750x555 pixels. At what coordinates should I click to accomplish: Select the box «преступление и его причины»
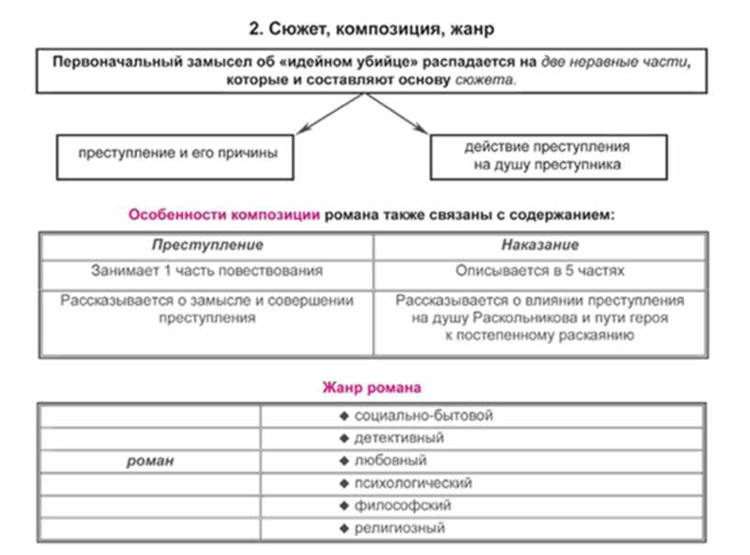[174, 155]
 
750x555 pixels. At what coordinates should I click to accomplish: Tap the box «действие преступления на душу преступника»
[546, 155]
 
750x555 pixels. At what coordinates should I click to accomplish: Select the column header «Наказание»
[540, 245]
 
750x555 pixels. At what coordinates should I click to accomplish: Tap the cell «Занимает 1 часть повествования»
[207, 271]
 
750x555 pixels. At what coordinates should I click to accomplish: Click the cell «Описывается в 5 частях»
[540, 271]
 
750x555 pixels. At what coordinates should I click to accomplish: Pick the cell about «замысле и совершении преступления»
[207, 309]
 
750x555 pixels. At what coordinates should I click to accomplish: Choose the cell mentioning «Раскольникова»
[540, 317]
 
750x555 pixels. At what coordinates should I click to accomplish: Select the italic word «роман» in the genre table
[150, 460]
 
